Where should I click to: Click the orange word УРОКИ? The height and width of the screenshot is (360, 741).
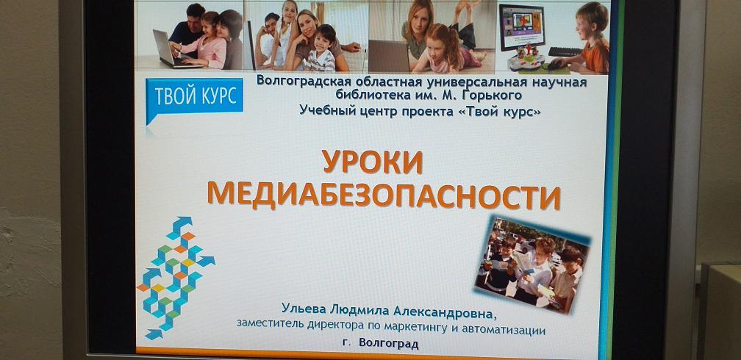[x=373, y=162]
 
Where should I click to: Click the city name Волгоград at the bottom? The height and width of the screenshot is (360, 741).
[x=388, y=343]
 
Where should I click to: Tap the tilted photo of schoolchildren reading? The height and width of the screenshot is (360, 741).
[x=532, y=264]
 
